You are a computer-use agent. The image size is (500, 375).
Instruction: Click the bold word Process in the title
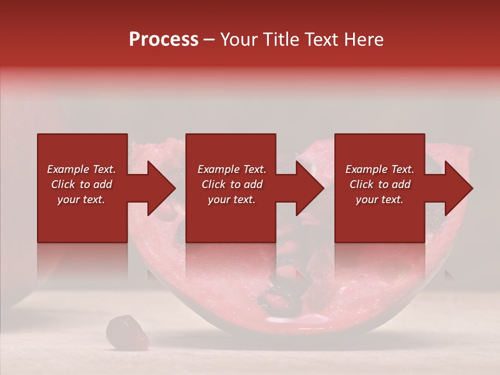point(164,40)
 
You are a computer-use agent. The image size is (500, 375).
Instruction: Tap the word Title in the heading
point(281,40)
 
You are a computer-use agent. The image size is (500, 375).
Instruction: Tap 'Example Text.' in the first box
point(81,169)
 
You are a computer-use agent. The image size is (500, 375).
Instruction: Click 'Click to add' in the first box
point(81,184)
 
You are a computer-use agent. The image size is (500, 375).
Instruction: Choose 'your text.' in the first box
point(81,199)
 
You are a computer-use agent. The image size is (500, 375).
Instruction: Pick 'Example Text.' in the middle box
point(232,169)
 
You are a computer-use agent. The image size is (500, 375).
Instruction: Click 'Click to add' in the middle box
point(232,184)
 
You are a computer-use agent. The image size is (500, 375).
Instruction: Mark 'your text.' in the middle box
point(232,199)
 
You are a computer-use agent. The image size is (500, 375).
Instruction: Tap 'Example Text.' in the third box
point(380,169)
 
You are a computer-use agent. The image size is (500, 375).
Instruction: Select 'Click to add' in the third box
point(380,184)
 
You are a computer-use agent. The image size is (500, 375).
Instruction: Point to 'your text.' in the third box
point(380,199)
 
